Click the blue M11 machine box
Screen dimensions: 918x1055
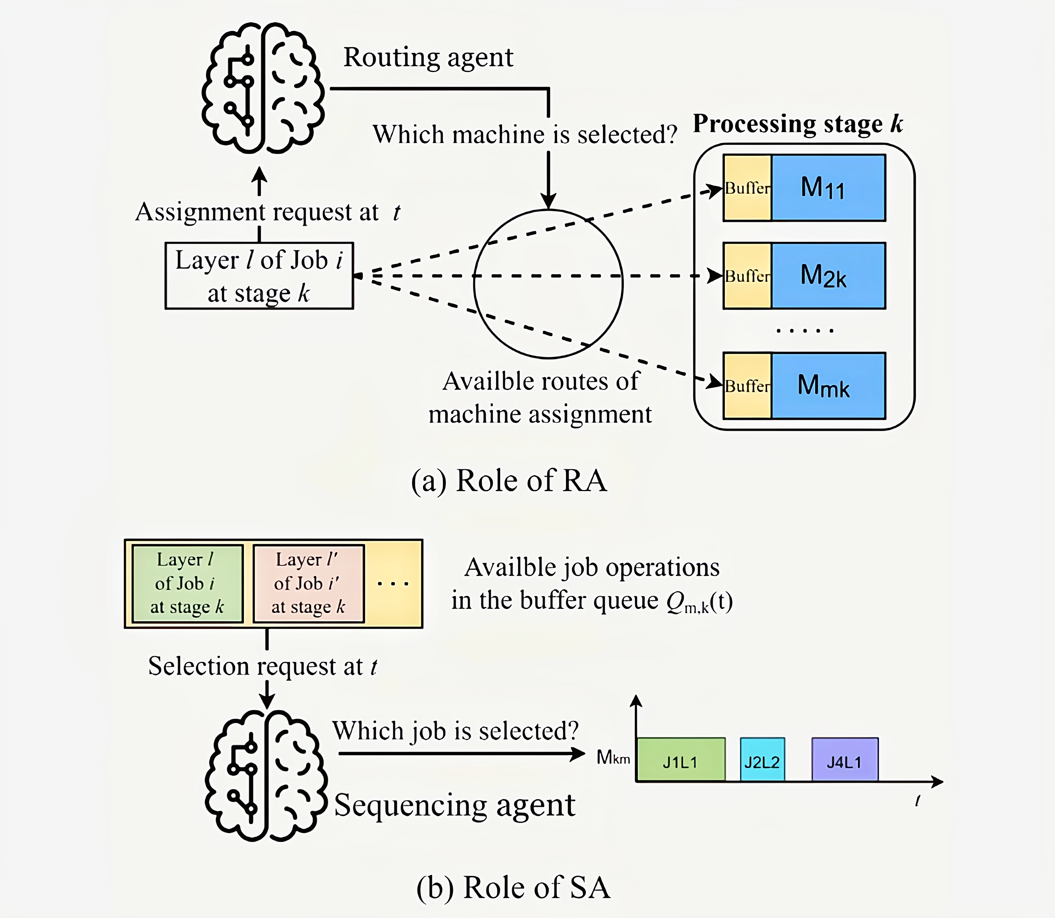828,188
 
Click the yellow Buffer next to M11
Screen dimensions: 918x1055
747,188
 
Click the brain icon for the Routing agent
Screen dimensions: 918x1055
262,88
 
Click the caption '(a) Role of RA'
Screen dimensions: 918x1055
509,481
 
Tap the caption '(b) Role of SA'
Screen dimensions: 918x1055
513,887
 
